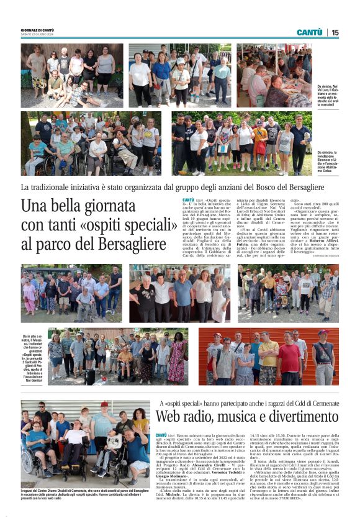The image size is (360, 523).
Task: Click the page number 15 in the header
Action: pyautogui.click(x=335, y=32)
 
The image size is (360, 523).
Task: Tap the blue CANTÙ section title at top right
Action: pyautogui.click(x=309, y=32)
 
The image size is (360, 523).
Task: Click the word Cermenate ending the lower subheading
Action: pyautogui.click(x=323, y=404)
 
